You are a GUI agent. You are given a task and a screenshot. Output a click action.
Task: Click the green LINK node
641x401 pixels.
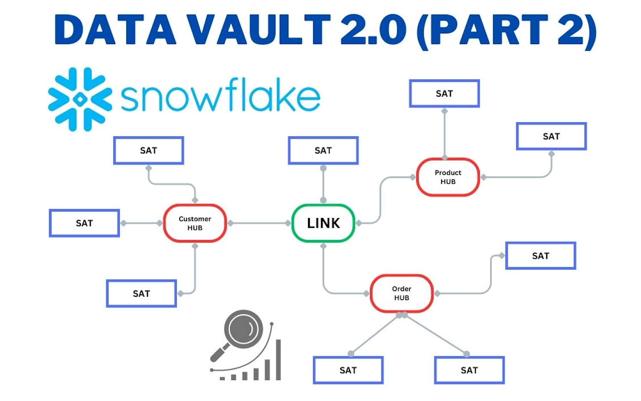tap(323, 223)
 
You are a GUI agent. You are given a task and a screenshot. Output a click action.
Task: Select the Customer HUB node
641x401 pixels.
tap(195, 223)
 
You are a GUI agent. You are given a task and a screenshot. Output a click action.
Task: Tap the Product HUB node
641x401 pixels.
tap(448, 177)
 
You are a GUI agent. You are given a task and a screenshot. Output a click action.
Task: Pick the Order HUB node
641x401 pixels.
tap(401, 293)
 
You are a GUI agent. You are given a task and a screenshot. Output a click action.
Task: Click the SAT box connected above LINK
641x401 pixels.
tap(323, 150)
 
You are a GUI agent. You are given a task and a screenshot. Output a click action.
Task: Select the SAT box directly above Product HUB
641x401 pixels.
tap(444, 93)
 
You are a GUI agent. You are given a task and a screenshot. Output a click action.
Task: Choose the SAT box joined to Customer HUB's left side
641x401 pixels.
tap(84, 223)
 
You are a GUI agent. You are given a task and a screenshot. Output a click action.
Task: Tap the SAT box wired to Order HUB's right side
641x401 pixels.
tap(540, 256)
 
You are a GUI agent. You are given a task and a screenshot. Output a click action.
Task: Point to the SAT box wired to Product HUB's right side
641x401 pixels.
tap(551, 136)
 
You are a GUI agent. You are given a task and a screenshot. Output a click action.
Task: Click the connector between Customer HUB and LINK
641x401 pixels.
tap(259, 223)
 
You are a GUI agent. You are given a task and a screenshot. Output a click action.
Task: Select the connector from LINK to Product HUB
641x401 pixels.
tap(380, 201)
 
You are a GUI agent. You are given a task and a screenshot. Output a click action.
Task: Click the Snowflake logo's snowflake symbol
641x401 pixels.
tap(80, 99)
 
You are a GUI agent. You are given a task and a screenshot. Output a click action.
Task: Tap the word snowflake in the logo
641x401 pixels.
tap(220, 96)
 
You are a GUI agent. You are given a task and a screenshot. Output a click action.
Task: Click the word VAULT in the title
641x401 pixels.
tap(260, 30)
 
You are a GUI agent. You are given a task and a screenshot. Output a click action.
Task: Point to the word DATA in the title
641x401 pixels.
tap(115, 30)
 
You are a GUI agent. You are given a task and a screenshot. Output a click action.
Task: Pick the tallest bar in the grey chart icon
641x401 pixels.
tap(278, 360)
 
